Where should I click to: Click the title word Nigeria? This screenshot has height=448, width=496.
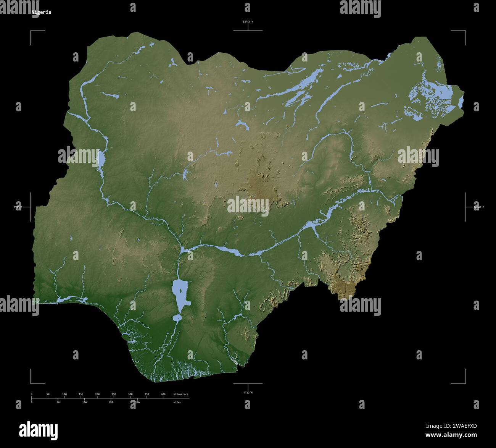coord(41,12)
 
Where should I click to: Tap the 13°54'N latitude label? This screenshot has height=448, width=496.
coord(248,22)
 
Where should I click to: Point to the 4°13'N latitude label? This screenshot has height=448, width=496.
coord(248,392)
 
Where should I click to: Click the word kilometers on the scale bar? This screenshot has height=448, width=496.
coord(180,394)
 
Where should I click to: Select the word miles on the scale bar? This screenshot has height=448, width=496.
coord(177,402)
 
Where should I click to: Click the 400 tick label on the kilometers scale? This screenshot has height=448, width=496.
coord(163,394)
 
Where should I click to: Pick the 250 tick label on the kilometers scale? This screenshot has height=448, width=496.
coord(114,394)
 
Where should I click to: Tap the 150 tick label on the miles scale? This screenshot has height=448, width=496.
coord(111,402)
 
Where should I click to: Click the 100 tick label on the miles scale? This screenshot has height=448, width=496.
coord(84,402)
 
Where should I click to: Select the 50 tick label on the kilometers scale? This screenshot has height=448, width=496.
coord(48,394)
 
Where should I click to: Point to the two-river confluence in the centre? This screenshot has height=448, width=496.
coord(182,251)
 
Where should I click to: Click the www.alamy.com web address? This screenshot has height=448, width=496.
coord(451,435)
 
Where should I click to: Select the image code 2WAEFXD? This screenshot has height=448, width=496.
coord(451,426)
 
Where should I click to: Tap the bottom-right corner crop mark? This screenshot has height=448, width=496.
coord(465,383)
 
